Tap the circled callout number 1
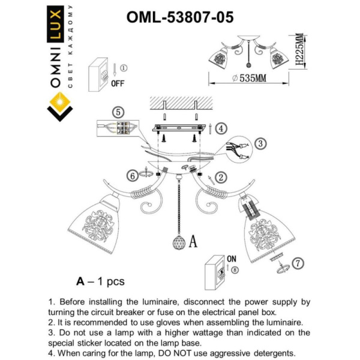(x=124, y=68)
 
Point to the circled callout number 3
(x=260, y=144)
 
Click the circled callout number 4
(x=221, y=128)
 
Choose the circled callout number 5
(x=119, y=112)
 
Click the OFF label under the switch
(x=118, y=84)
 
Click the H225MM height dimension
(x=297, y=50)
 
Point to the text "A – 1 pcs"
(x=100, y=280)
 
